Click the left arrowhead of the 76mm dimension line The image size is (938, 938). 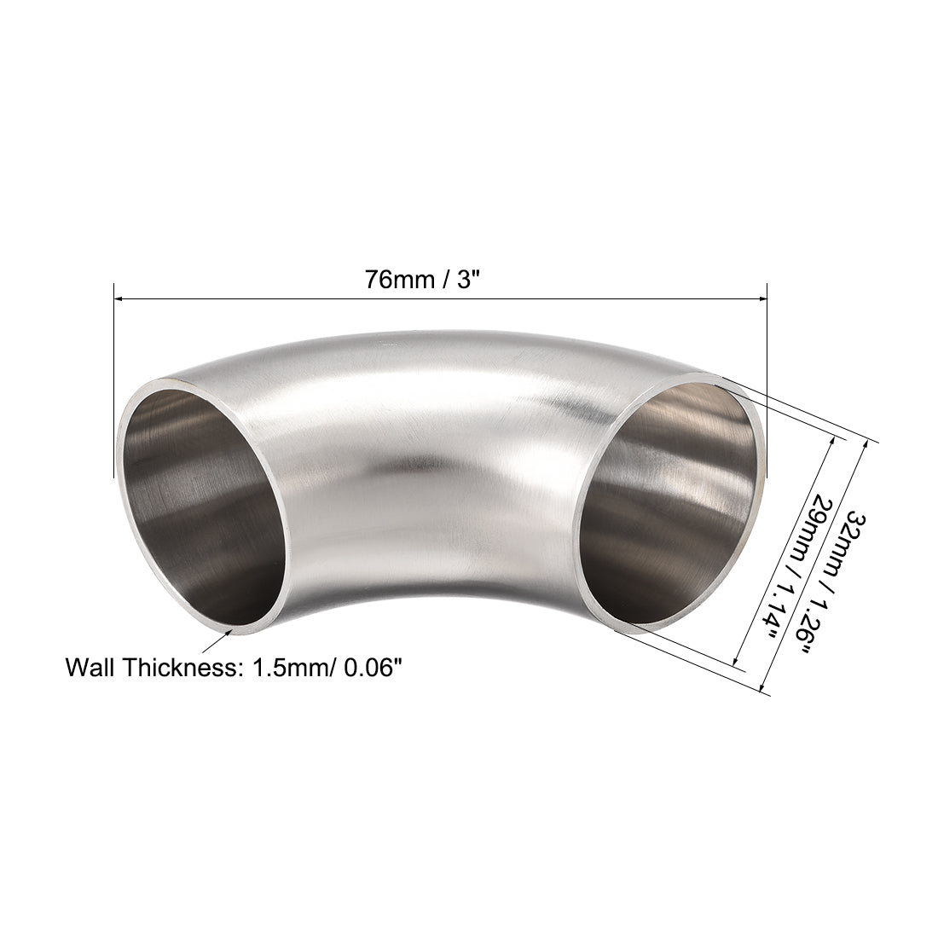tap(120, 298)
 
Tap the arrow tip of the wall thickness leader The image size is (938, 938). tap(234, 630)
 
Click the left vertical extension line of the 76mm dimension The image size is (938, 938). tap(113, 384)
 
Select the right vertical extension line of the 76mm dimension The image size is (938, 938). tap(767, 384)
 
